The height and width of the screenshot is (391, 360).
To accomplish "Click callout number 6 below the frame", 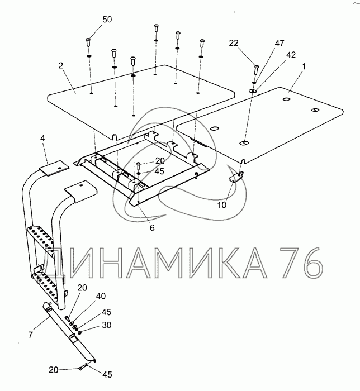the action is tap(153, 227).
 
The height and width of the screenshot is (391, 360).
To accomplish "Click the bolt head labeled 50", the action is tap(88, 40).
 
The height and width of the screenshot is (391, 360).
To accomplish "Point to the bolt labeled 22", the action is tap(256, 70).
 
